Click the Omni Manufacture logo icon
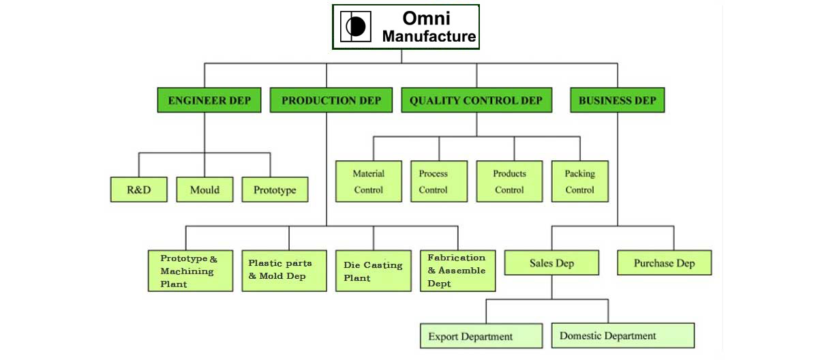click(355, 27)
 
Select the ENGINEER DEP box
click(209, 100)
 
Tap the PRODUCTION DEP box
click(331, 100)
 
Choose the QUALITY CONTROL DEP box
click(476, 100)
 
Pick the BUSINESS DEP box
click(618, 100)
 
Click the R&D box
click(139, 190)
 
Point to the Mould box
click(204, 190)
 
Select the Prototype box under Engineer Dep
click(275, 190)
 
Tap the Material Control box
click(369, 181)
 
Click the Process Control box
click(439, 181)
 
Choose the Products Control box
click(509, 181)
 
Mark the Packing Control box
click(580, 181)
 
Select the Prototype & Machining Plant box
click(191, 271)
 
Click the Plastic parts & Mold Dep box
click(284, 271)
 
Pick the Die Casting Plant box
click(374, 271)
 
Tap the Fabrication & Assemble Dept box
click(458, 271)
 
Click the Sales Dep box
click(551, 262)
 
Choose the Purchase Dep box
click(665, 262)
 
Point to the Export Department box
click(481, 336)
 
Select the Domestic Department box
click(623, 335)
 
